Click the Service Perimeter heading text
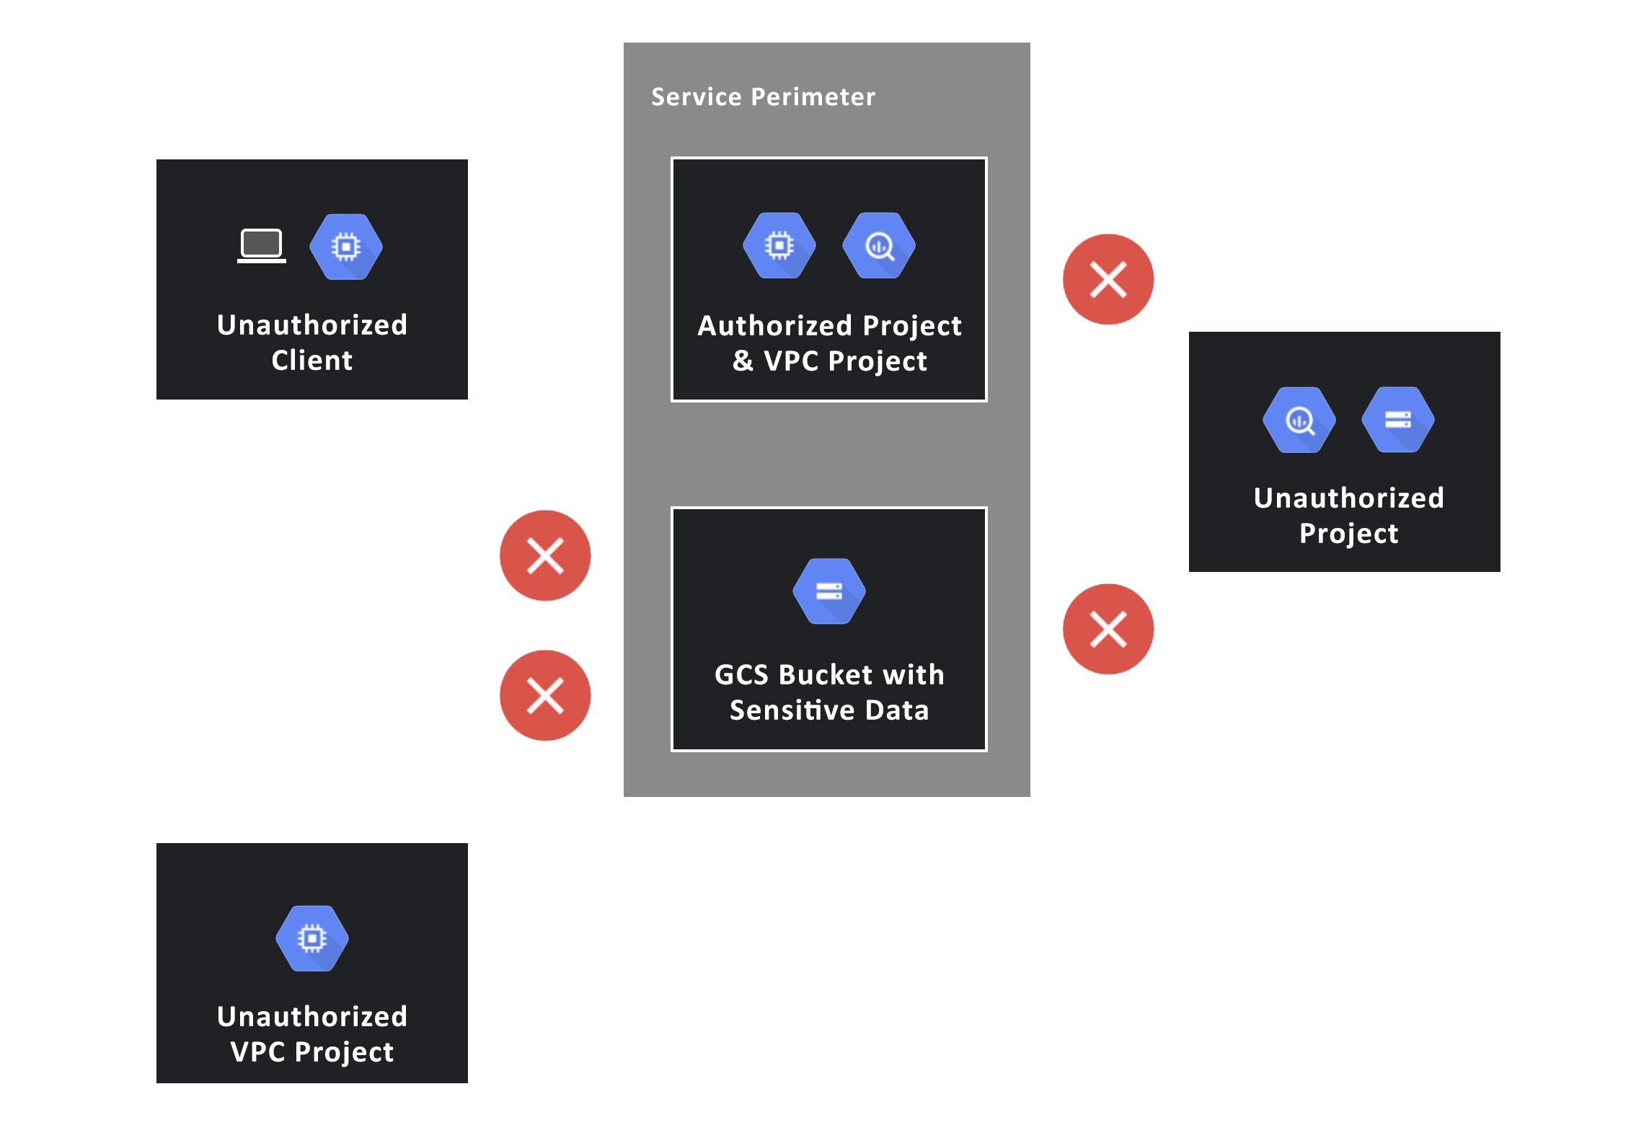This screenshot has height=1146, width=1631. [x=763, y=97]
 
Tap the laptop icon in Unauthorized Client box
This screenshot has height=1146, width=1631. [x=261, y=246]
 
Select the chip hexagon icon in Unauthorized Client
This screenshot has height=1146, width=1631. [x=346, y=247]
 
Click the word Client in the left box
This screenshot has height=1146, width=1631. [x=311, y=360]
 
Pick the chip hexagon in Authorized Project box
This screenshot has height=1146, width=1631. [x=779, y=245]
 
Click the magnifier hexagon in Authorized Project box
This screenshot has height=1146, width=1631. [x=879, y=245]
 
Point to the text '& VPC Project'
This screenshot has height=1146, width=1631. [x=829, y=361]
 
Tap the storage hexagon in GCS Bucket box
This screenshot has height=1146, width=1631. [x=829, y=591]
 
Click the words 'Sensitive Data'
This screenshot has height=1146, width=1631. [x=829, y=710]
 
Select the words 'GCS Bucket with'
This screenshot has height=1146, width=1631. [x=829, y=675]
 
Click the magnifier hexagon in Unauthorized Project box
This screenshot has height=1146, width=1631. [x=1299, y=420]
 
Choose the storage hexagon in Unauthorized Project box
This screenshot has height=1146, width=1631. [x=1398, y=420]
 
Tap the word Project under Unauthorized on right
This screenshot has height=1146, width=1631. [x=1348, y=534]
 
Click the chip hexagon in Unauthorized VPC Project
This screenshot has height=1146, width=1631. [x=312, y=938]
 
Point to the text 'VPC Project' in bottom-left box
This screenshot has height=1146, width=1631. [x=311, y=1052]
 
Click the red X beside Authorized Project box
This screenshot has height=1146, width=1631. [x=1108, y=280]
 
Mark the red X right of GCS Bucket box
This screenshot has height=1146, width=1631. [x=1108, y=629]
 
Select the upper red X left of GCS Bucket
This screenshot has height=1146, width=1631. [x=545, y=555]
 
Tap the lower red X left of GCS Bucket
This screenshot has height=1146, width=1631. [x=545, y=695]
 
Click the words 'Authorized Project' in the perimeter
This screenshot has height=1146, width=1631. [x=829, y=325]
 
